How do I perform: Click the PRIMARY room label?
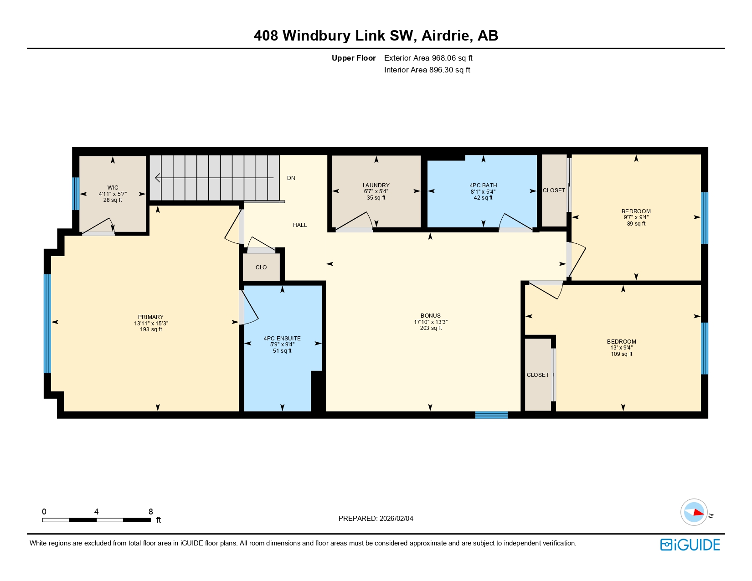(x=151, y=317)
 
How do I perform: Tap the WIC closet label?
(x=113, y=188)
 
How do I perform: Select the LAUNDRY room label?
(x=376, y=185)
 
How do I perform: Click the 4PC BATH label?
(x=483, y=185)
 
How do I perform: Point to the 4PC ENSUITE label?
(x=282, y=339)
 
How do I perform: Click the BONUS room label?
(x=431, y=316)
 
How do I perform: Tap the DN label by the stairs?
(x=291, y=178)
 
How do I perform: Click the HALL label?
(x=300, y=225)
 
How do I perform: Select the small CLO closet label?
(x=261, y=267)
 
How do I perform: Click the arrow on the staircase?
(x=214, y=178)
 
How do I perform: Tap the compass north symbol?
(x=694, y=512)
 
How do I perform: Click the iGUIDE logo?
(x=690, y=545)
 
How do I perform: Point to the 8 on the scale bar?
(x=151, y=512)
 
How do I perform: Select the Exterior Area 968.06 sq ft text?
(x=428, y=58)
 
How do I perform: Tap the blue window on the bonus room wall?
(x=491, y=415)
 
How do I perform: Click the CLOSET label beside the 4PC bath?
(x=554, y=190)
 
